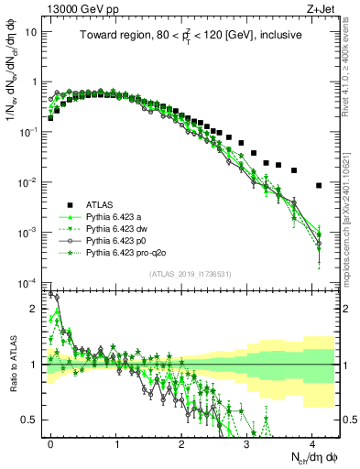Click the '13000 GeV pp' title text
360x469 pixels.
point(79,8)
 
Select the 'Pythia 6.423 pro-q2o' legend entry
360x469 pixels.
point(133,252)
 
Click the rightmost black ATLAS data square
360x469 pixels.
point(318,185)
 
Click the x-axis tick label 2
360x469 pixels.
point(181,442)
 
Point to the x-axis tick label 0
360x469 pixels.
point(51,442)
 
